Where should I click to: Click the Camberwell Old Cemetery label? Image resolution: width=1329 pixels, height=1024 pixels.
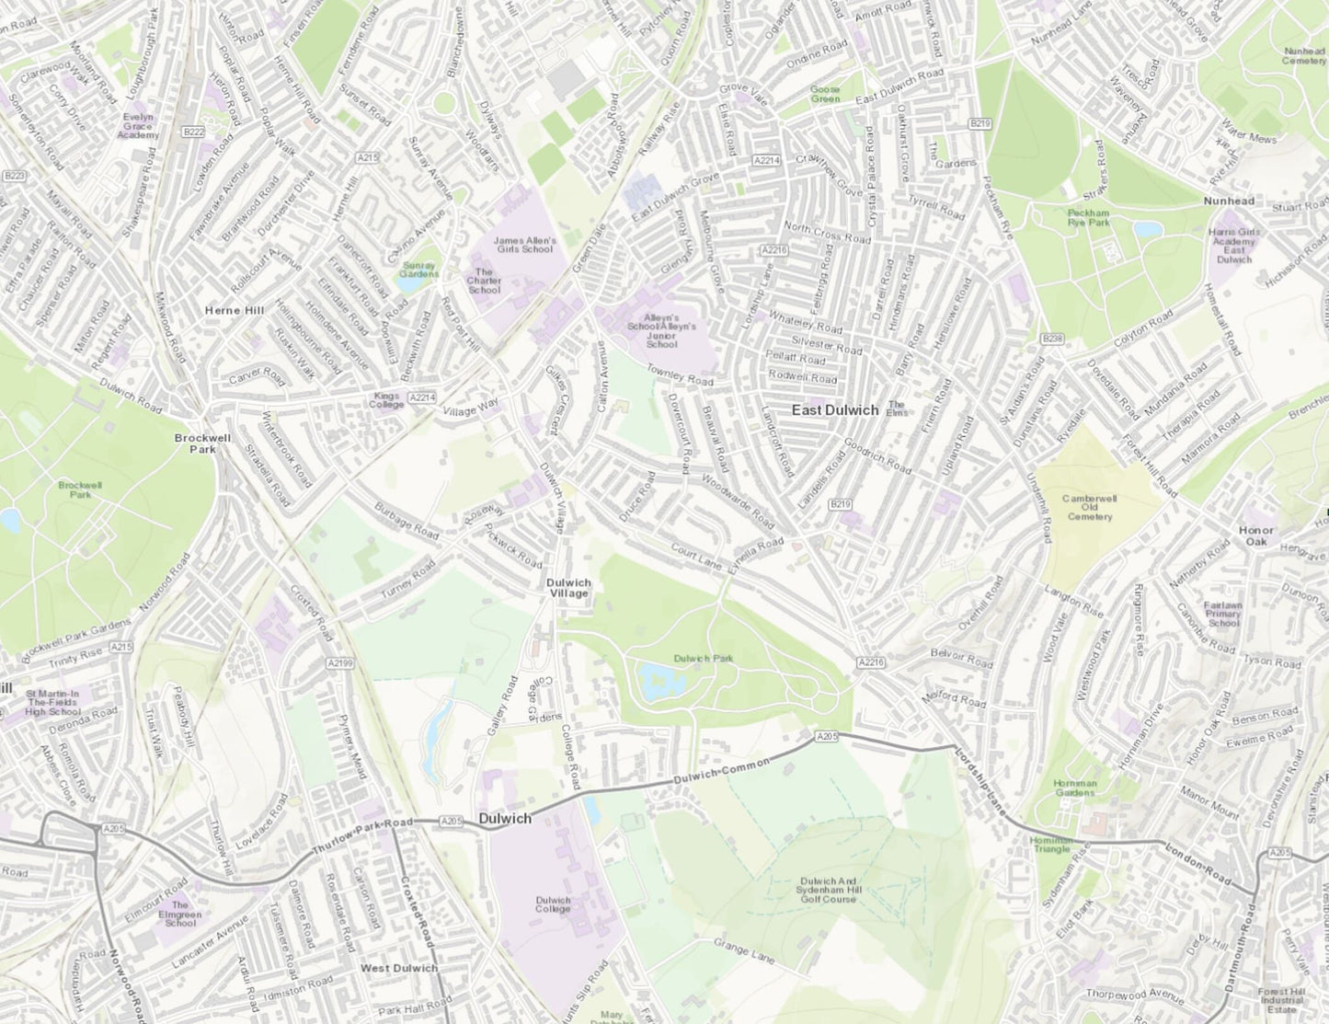1090,507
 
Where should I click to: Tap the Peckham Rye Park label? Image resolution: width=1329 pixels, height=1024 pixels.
1088,217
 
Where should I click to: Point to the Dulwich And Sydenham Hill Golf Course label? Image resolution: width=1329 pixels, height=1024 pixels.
828,890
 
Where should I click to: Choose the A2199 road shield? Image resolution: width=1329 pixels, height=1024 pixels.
339,662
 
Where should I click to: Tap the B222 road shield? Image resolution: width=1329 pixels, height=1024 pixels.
193,132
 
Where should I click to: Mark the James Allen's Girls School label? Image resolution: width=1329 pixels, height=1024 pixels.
525,244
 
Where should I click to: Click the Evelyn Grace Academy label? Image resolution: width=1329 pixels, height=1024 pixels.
138,126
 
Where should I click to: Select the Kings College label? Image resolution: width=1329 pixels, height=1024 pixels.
387,400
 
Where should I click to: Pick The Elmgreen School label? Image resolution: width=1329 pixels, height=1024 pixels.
180,914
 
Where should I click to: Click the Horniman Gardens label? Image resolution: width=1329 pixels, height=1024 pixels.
1074,788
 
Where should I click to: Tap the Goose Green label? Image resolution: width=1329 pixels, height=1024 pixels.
824,94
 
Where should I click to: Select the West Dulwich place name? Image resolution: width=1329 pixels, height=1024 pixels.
398,969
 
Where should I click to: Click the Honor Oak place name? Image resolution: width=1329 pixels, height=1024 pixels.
1256,535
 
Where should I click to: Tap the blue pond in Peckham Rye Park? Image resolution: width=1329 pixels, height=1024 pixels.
1149,229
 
